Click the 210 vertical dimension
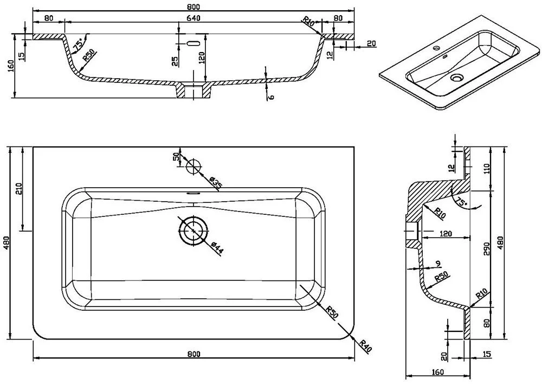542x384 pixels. pos(18,189)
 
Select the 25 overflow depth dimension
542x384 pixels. pos(175,60)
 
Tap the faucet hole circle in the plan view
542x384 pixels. pos(193,166)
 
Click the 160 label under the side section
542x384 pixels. pos(438,372)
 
